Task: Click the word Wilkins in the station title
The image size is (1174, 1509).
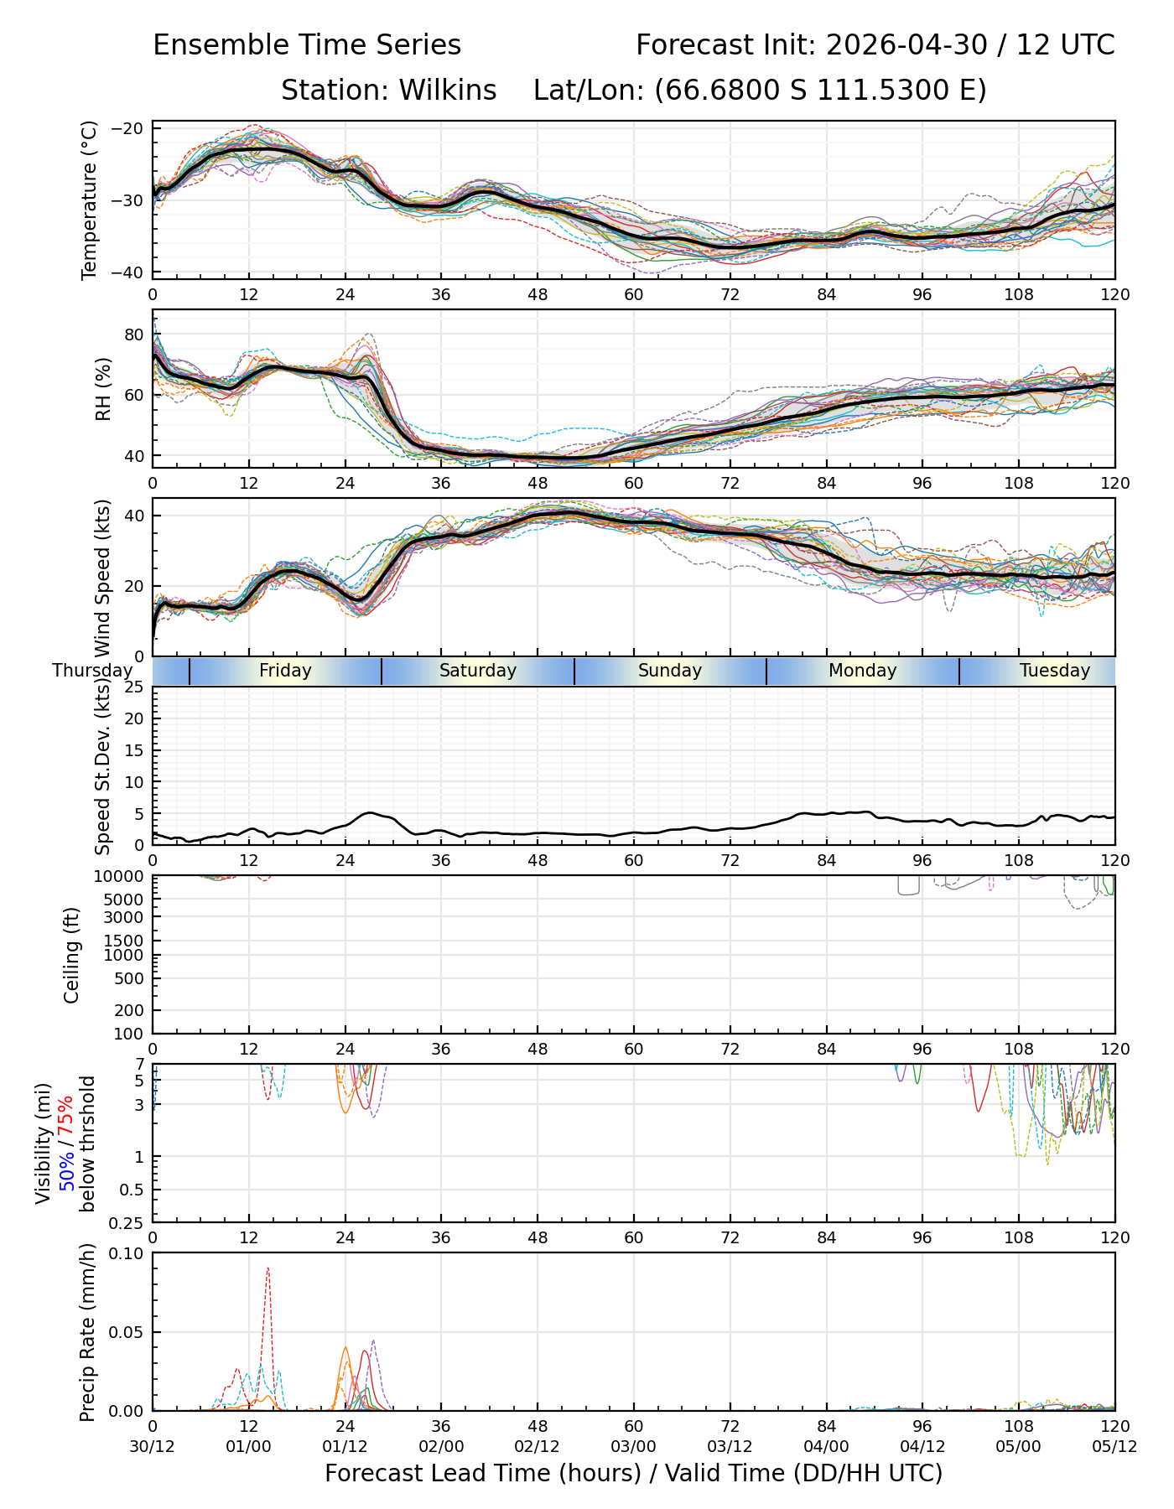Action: [x=448, y=90]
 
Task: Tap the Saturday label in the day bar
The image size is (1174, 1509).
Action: [x=478, y=671]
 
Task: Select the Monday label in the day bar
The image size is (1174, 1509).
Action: [x=863, y=671]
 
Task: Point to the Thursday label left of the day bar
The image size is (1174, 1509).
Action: [x=92, y=671]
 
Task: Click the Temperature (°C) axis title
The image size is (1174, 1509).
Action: [x=90, y=200]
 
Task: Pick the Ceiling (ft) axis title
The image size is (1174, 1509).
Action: [x=72, y=955]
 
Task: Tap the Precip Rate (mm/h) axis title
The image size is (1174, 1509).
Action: [x=87, y=1332]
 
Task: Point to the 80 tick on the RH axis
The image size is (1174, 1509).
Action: [x=135, y=334]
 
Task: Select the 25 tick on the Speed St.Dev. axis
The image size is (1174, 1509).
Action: [x=135, y=687]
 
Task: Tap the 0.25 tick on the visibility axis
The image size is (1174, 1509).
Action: [x=131, y=1222]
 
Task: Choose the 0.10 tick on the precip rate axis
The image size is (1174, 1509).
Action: [x=131, y=1253]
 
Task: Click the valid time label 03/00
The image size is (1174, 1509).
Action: [x=634, y=1447]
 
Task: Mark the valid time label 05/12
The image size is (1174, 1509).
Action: [x=1115, y=1447]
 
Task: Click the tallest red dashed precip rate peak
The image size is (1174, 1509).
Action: [x=268, y=1268]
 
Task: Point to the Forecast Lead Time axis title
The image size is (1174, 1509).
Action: [x=634, y=1473]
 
